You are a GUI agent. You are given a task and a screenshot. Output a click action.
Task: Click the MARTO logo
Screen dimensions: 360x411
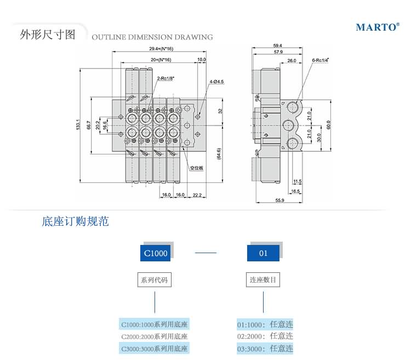tap(377, 27)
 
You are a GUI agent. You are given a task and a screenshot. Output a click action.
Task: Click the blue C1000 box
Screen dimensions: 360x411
tap(156, 253)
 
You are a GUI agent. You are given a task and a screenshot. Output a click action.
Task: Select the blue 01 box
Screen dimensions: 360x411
tap(263, 253)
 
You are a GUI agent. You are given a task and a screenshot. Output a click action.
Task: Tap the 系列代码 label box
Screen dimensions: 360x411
tap(155, 280)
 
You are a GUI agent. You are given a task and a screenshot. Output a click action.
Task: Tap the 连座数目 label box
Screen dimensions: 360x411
tap(263, 280)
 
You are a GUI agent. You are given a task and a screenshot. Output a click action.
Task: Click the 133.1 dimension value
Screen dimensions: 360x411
tap(79, 126)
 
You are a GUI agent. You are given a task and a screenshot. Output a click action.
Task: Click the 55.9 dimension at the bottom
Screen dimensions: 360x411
tap(279, 201)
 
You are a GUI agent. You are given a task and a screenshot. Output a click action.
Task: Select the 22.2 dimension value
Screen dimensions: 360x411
tap(197, 195)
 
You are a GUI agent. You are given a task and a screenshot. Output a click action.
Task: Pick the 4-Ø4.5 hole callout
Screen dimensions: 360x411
tap(216, 82)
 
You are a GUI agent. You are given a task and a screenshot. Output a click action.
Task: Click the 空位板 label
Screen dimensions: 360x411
tap(197, 168)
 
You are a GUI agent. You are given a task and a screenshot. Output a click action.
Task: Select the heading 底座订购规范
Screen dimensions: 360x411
tap(75, 222)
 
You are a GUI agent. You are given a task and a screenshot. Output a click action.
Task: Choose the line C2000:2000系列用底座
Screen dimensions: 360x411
tap(155, 336)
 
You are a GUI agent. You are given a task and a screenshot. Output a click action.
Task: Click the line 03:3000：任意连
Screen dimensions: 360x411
tap(265, 348)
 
